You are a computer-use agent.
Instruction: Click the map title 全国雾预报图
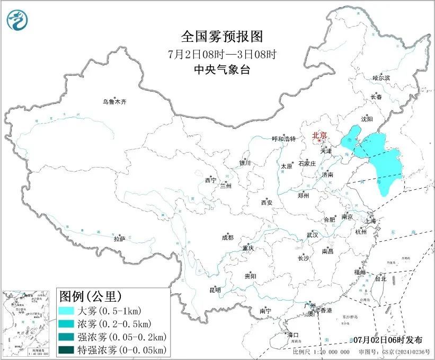pos(221,37)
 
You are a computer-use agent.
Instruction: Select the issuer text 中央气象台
pos(221,69)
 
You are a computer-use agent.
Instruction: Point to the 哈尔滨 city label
pos(380,78)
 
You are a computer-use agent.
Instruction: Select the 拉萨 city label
pos(119,239)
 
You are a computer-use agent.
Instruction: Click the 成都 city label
pos(227,238)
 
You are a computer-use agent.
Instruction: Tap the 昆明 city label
pos(215,290)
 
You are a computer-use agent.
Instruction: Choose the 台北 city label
pos(380,278)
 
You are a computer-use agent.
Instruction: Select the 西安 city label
pos(267,203)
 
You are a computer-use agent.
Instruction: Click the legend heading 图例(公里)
pos(90,295)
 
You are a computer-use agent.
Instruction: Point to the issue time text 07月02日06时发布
pos(391,339)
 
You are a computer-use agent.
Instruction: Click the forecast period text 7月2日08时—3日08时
pos(221,54)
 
